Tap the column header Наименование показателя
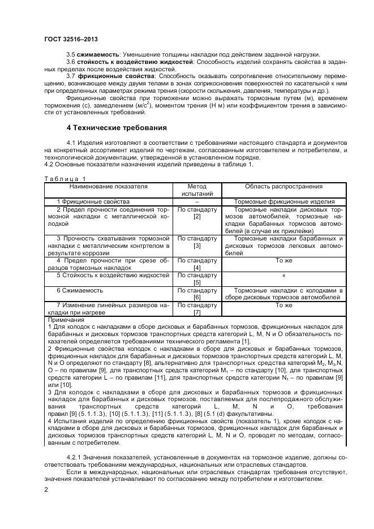click(109, 186)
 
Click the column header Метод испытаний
click(197, 190)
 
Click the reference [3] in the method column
click(197, 247)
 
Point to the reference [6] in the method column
click(197, 297)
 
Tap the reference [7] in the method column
click(197, 312)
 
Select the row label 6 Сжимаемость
click(79, 290)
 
